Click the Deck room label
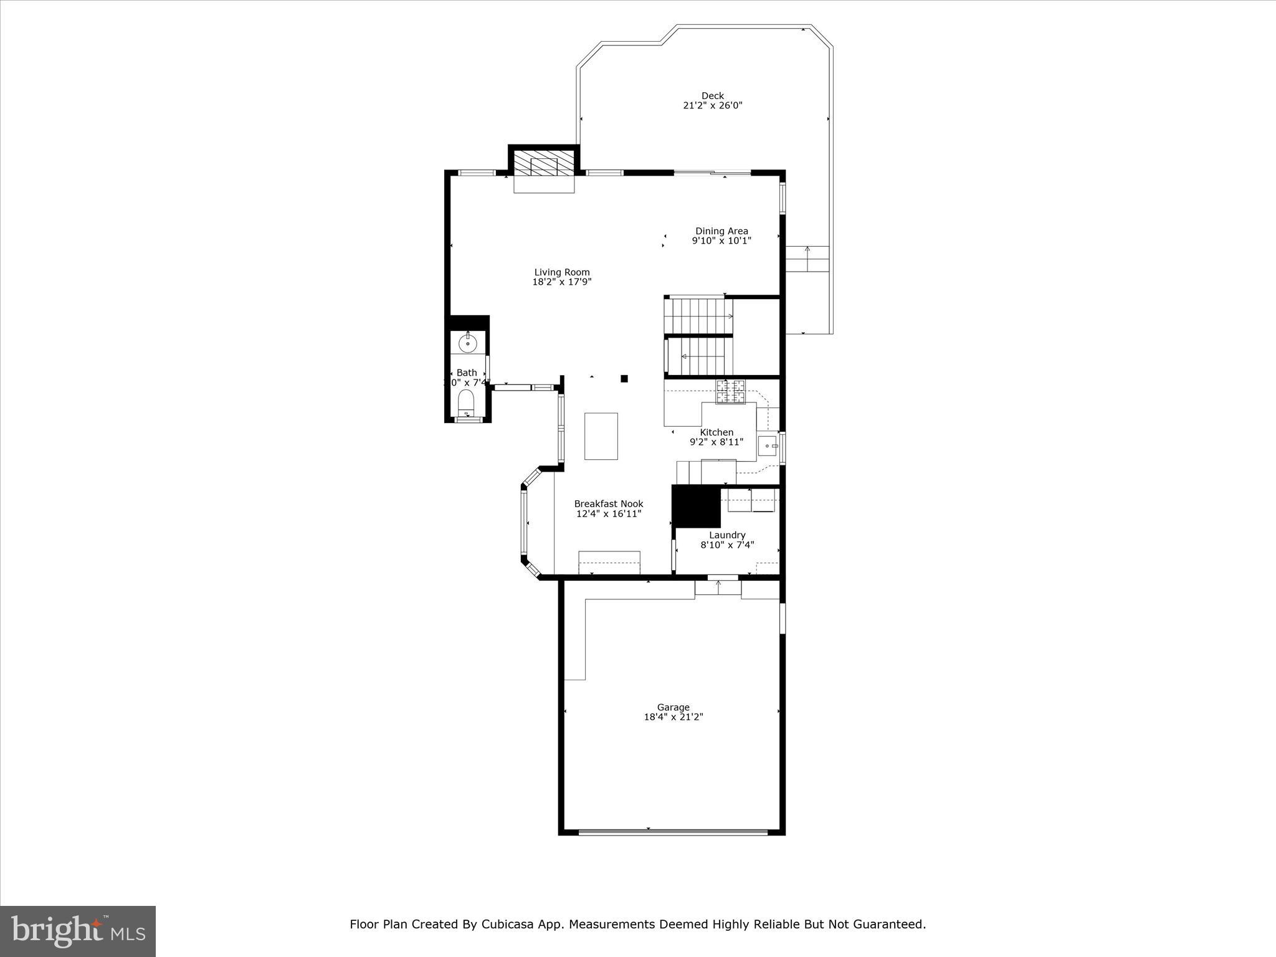(x=712, y=96)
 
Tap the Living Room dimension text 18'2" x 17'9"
(x=561, y=282)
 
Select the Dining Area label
(x=721, y=231)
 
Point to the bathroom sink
(x=467, y=343)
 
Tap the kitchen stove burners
(x=730, y=391)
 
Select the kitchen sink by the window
(x=768, y=445)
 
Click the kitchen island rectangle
(x=601, y=436)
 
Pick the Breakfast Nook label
(x=609, y=504)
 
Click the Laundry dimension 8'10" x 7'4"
(x=727, y=545)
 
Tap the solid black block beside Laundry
(x=695, y=506)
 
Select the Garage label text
(x=673, y=707)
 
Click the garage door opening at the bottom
(x=673, y=832)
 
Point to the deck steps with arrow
(x=807, y=259)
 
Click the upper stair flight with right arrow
(x=698, y=316)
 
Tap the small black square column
(x=624, y=378)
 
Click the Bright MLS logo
(x=78, y=931)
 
